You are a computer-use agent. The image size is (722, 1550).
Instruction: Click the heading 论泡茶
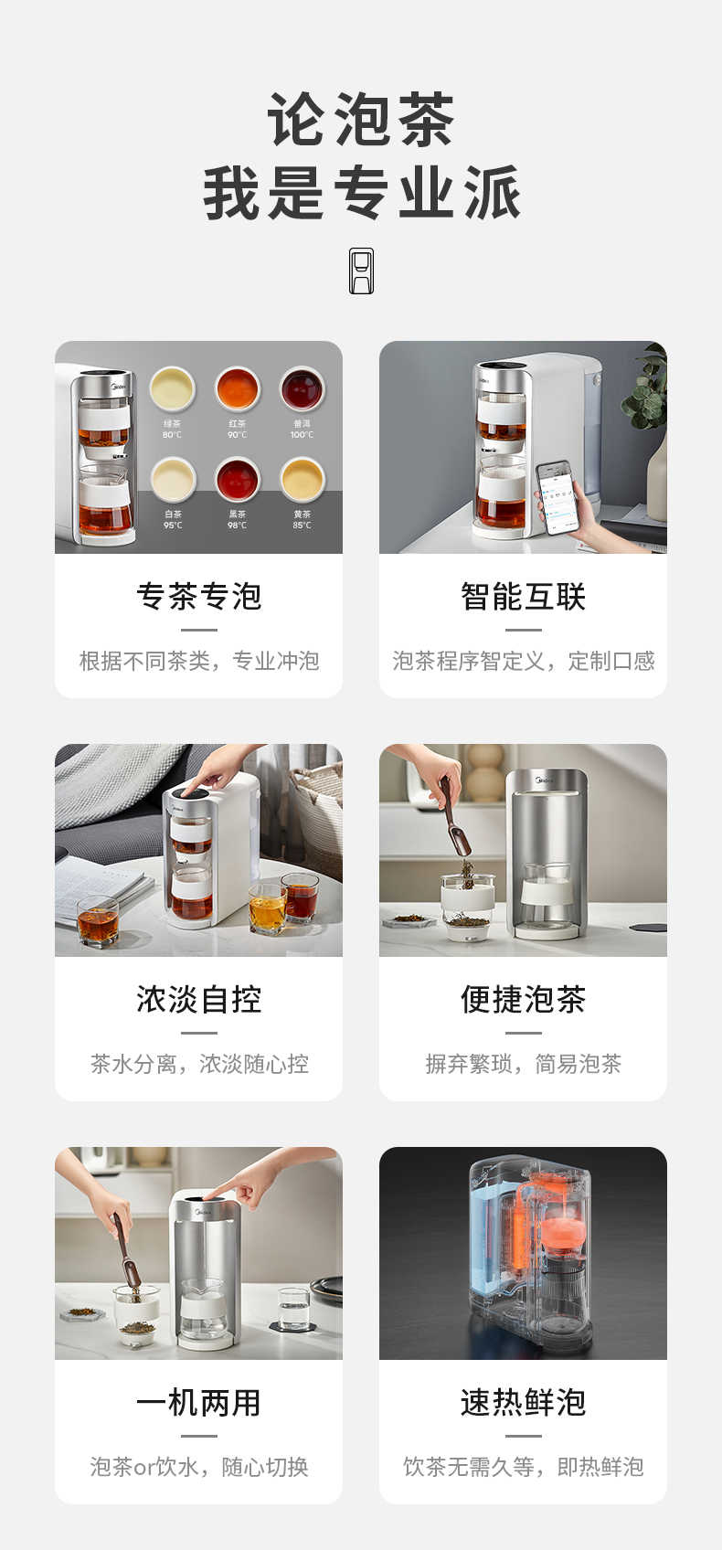361,120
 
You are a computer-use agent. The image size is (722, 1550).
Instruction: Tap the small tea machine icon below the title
361,271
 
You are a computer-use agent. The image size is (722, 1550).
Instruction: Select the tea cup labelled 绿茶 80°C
172,388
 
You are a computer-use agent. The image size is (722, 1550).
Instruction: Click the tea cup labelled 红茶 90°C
237,388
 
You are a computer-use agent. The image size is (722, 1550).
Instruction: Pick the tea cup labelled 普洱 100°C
302,388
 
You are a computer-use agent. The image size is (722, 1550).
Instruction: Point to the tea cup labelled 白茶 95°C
173,479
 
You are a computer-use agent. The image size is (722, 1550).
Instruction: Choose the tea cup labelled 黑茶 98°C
237,479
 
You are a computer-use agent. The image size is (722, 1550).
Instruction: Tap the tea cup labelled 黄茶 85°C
302,479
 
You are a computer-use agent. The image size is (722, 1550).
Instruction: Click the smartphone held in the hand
558,496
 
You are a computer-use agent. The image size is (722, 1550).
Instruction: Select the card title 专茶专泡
198,597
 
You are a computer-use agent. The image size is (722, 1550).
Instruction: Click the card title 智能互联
523,597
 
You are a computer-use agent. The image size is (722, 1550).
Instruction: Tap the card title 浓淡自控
198,999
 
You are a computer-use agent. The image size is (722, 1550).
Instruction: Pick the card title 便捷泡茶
523,999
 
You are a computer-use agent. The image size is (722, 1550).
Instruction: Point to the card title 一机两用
198,1402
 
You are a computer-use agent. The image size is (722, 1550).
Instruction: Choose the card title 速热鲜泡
523,1402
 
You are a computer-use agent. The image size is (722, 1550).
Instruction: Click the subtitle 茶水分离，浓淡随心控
198,1064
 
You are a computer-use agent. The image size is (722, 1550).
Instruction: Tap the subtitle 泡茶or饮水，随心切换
198,1467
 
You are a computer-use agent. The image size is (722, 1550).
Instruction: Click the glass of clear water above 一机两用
293,1308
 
